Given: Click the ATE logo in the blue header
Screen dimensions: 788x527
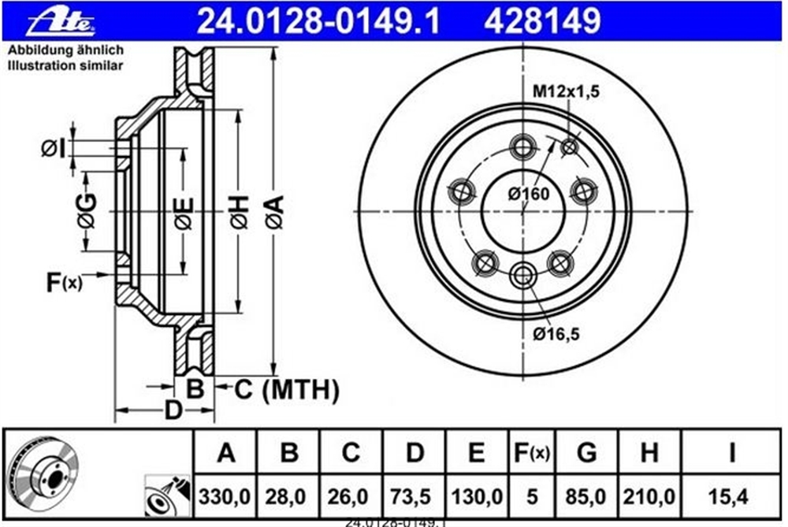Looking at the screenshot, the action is [x=61, y=21].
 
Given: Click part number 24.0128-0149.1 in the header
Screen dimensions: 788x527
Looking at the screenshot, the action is [x=318, y=21].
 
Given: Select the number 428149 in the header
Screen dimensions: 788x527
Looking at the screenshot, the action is [x=542, y=21].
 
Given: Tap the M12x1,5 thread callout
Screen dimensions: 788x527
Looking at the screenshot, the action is [x=566, y=91].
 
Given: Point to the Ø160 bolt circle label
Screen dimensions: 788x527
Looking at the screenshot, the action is [x=529, y=194].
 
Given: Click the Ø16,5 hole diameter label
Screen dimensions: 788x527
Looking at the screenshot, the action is [x=557, y=333].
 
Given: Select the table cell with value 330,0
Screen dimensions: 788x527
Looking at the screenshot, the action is [x=225, y=497].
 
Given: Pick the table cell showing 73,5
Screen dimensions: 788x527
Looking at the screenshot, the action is [x=414, y=497].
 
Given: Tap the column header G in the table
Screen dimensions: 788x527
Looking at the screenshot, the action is [x=586, y=452].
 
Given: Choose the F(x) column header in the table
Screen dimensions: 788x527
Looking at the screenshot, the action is [x=532, y=452].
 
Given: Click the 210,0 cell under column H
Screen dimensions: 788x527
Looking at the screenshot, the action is [x=649, y=497].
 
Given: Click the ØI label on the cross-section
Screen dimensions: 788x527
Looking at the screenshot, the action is [x=54, y=149].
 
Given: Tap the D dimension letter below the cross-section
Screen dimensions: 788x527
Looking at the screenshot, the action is [x=173, y=410].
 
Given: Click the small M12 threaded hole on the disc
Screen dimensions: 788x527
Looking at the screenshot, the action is [x=570, y=147].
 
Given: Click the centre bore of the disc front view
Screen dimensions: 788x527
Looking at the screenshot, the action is [x=523, y=211].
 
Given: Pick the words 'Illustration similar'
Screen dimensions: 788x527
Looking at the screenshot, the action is [x=65, y=66].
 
